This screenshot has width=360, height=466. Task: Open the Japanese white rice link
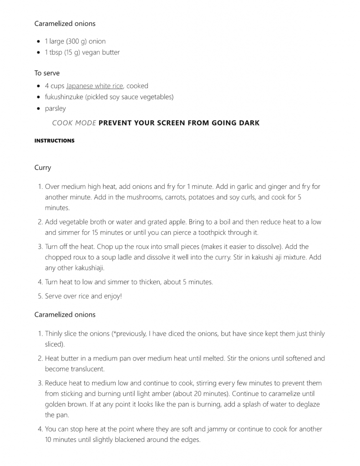click(x=95, y=86)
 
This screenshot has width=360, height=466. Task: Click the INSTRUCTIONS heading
click(x=54, y=141)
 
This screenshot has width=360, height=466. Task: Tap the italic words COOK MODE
click(x=74, y=123)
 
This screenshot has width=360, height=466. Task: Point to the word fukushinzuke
click(x=64, y=97)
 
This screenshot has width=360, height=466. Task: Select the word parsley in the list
click(x=55, y=108)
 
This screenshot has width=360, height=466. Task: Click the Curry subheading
click(x=43, y=167)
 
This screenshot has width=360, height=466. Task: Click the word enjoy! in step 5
click(x=113, y=296)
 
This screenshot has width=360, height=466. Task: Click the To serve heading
click(x=47, y=73)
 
